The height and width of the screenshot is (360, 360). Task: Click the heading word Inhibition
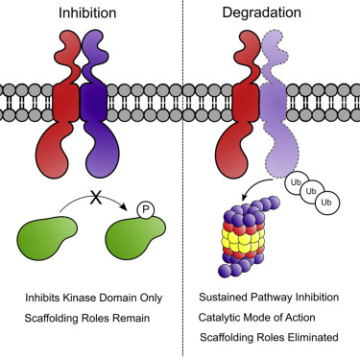(89, 14)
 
